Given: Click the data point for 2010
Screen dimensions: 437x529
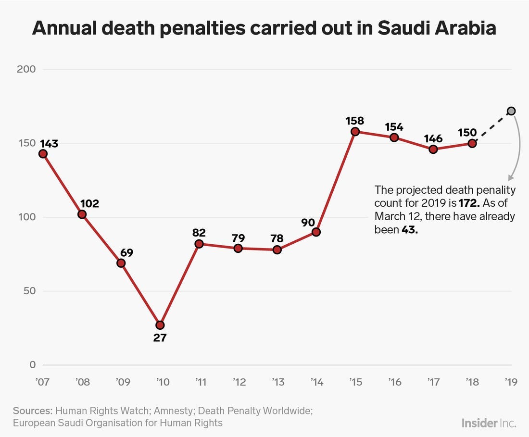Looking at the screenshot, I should [x=160, y=325].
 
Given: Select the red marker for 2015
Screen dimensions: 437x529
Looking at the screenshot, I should [x=355, y=132].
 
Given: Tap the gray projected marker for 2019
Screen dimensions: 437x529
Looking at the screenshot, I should [x=511, y=111].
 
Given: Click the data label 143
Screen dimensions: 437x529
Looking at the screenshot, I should [x=49, y=143].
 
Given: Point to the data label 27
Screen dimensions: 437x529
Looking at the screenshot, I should [x=160, y=338].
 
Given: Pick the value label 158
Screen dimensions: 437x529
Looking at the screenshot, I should [x=355, y=120].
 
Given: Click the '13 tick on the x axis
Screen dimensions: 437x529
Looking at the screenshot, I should [x=277, y=383].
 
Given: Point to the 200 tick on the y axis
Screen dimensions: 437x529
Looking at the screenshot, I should [x=26, y=69].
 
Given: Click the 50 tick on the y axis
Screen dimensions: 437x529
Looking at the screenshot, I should [x=29, y=291].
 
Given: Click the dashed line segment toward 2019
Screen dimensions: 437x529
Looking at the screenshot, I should [x=491, y=127].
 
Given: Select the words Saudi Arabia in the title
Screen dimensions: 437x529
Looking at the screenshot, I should [x=436, y=29].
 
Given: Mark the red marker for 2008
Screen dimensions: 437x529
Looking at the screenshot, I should [x=82, y=214].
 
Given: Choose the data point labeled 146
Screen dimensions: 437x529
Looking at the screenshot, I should [x=433, y=149].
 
